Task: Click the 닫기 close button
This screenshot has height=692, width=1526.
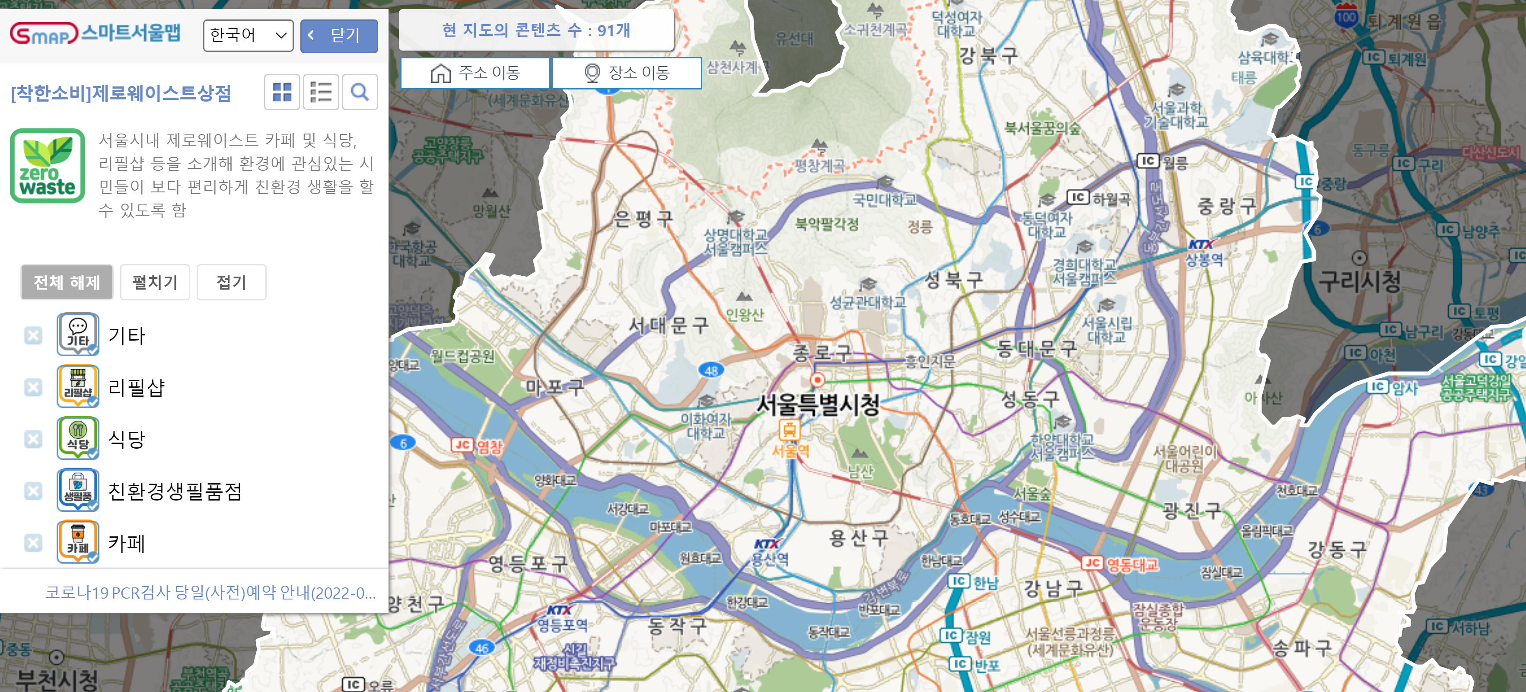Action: (x=339, y=35)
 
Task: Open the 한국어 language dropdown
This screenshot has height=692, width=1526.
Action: (x=248, y=35)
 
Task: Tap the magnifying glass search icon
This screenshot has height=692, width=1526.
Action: (x=360, y=92)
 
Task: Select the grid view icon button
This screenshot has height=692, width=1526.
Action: (x=282, y=92)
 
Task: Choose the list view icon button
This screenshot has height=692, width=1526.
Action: (x=321, y=92)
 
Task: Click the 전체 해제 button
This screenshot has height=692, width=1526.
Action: (x=67, y=282)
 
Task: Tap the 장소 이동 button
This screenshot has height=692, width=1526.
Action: (x=627, y=73)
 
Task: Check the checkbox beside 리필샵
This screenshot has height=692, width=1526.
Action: (x=33, y=387)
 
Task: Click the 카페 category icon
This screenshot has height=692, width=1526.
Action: (x=78, y=541)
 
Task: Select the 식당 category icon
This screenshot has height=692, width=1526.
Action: (x=78, y=437)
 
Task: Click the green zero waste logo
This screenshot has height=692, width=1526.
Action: (x=48, y=166)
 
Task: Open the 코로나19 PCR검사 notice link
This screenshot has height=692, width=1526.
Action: (x=210, y=593)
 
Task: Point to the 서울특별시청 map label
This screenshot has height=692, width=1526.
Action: (x=818, y=405)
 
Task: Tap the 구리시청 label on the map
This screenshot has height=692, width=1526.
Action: (x=1360, y=281)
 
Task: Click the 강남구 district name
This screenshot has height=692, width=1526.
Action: (x=1053, y=588)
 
